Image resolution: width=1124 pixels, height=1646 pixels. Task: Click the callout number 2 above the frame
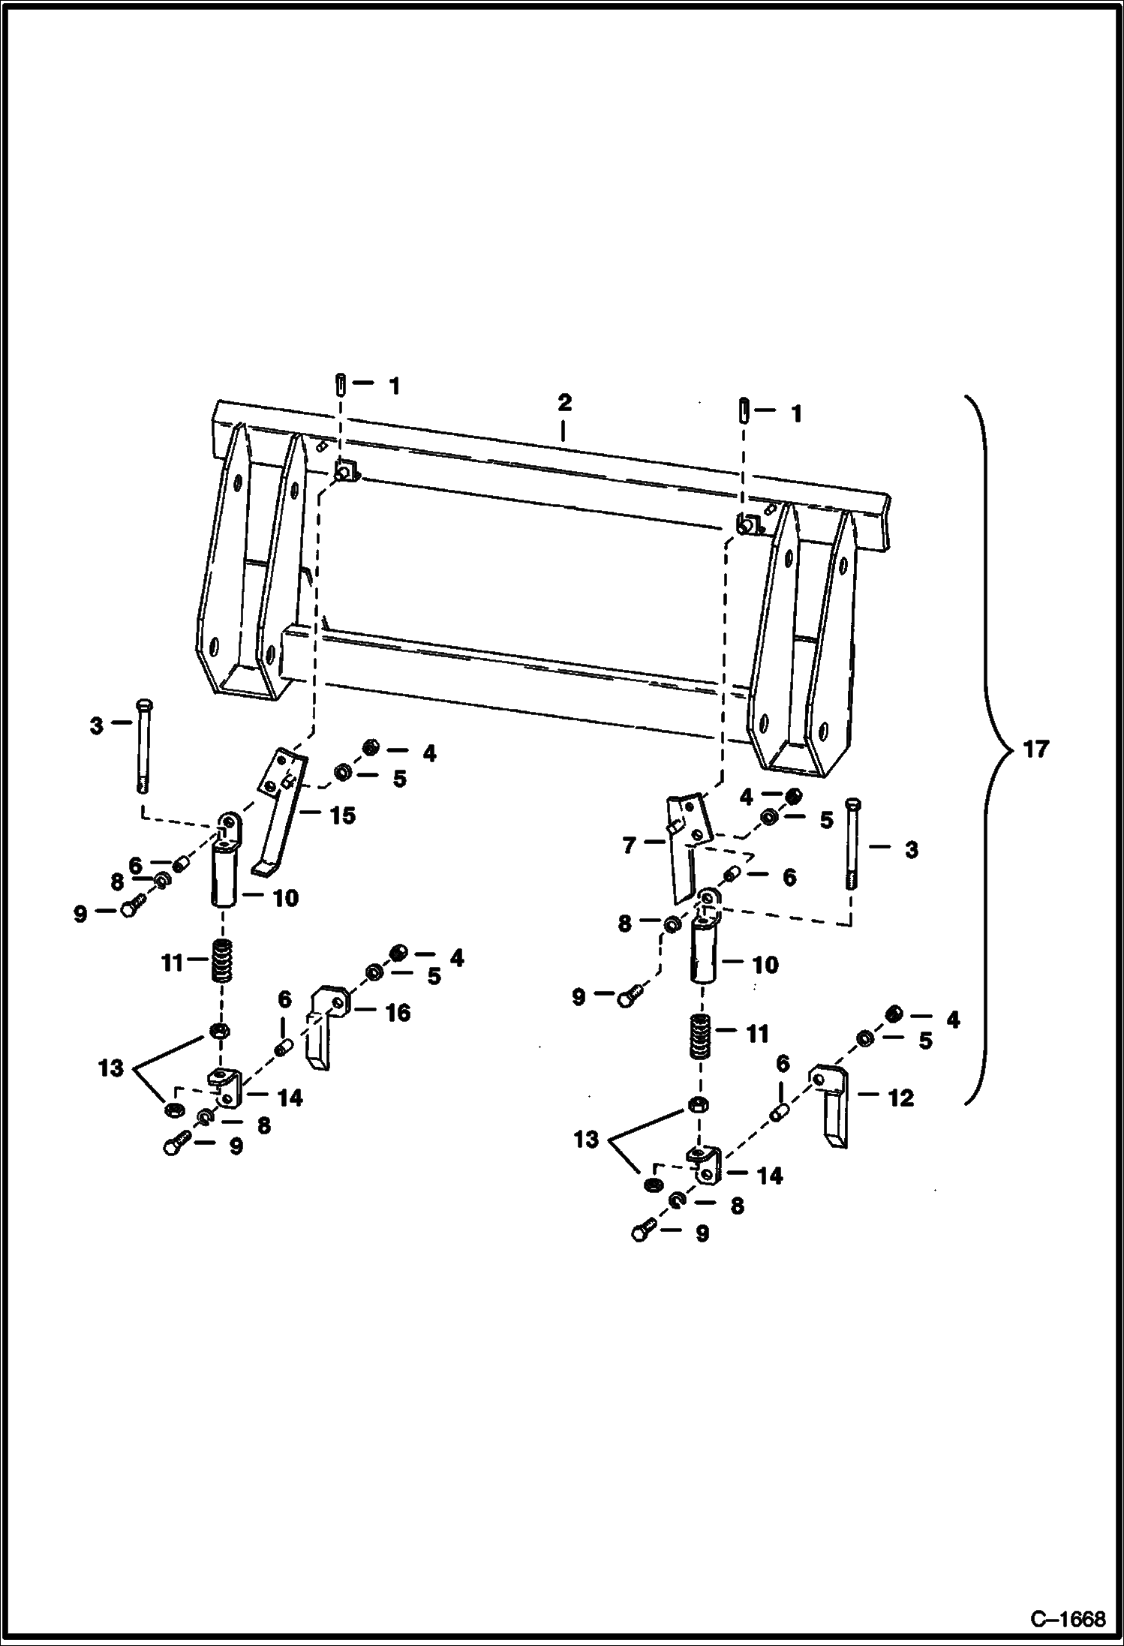564,402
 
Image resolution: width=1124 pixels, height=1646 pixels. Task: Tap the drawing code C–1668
1068,1619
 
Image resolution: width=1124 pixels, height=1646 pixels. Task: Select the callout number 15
343,815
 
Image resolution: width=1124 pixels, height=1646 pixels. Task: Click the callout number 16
398,1013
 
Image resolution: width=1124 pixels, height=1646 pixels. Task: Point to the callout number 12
900,1098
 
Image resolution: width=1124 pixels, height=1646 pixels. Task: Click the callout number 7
629,846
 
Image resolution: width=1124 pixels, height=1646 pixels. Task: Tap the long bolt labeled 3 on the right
852,843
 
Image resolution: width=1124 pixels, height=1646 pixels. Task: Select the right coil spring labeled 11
701,1035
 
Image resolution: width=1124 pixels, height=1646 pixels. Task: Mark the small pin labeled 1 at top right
743,412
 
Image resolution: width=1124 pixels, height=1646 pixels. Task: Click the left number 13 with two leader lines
110,1068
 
